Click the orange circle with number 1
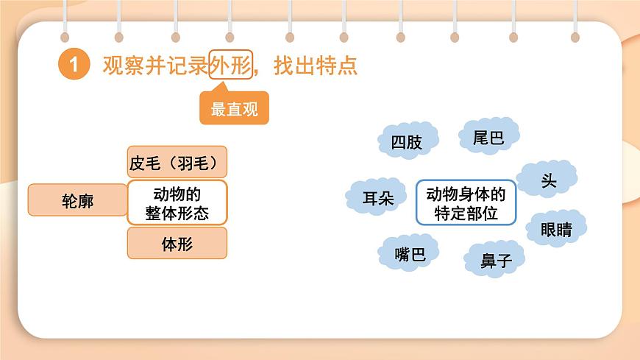[73, 65]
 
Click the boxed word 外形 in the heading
[230, 65]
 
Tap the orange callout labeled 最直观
[234, 110]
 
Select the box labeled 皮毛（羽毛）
[177, 162]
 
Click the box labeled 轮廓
[77, 200]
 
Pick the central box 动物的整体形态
[177, 202]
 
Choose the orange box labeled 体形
[177, 244]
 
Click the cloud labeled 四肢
[407, 141]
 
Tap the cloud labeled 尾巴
[488, 137]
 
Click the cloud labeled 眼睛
[555, 229]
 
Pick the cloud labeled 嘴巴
[410, 254]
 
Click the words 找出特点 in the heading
[316, 65]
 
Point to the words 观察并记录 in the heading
[155, 65]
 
